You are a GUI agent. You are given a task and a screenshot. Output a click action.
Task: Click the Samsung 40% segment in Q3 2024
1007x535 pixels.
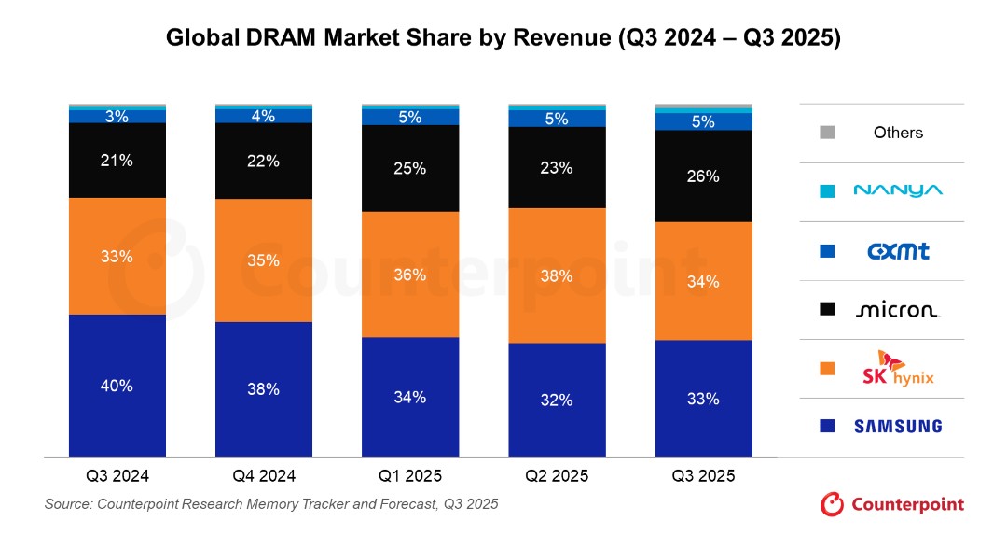(117, 386)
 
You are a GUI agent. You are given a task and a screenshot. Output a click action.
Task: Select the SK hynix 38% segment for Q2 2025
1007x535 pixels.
(557, 275)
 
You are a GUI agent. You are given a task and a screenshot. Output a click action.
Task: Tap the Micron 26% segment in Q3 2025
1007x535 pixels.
(703, 176)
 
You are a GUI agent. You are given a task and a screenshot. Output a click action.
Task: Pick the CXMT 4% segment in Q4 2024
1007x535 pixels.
(263, 116)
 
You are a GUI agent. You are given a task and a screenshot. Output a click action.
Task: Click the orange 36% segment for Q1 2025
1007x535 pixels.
(409, 274)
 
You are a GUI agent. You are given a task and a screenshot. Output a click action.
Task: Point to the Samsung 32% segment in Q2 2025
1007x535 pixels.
(557, 400)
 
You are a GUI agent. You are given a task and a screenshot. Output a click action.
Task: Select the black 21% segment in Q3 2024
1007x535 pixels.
(117, 160)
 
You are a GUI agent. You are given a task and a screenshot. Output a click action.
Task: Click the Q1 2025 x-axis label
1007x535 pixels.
(409, 476)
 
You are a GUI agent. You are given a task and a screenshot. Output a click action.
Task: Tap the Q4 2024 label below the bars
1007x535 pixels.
(263, 476)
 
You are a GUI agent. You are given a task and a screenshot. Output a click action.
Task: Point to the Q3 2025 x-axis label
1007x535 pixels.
(703, 476)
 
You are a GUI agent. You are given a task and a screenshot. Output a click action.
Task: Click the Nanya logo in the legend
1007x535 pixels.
(898, 190)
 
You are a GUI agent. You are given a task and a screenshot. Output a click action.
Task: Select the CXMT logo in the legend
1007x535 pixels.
(898, 251)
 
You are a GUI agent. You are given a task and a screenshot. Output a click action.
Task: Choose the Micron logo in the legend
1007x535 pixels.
(898, 310)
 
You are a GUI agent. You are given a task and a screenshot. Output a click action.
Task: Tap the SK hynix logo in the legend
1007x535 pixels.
(898, 369)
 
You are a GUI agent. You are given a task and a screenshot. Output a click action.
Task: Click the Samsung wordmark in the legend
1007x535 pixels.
(898, 426)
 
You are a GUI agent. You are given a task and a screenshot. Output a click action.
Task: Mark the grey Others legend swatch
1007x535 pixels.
(827, 133)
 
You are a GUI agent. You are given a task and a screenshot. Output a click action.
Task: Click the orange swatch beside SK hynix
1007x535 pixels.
(827, 369)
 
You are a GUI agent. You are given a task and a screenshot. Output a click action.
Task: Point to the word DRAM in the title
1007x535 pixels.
(280, 37)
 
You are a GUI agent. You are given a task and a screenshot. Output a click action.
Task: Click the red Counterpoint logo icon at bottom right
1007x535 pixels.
(832, 504)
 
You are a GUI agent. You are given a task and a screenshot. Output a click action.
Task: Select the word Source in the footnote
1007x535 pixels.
(66, 504)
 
